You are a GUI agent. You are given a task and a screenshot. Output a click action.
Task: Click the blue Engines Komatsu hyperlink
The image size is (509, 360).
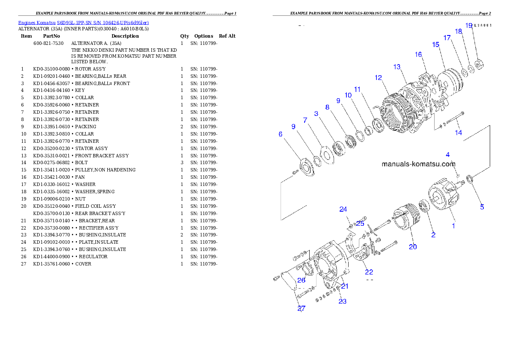[x=83, y=23]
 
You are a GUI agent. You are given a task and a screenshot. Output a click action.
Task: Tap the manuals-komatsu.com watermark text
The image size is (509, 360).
[x=418, y=164]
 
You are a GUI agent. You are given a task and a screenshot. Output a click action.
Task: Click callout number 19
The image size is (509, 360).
[x=469, y=25]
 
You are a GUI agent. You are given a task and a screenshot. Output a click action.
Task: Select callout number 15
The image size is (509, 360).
[x=436, y=44]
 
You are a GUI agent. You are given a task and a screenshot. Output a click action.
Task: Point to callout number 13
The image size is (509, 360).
[x=397, y=67]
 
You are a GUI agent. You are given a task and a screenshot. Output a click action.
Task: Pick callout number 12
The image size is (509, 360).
[x=378, y=78]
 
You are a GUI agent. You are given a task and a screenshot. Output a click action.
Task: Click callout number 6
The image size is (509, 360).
[x=281, y=134]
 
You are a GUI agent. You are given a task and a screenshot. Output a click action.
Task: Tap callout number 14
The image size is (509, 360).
[x=458, y=133]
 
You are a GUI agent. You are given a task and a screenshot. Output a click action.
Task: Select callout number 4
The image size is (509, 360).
[x=448, y=154]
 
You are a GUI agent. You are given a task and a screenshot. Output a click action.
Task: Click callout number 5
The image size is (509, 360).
[x=482, y=207]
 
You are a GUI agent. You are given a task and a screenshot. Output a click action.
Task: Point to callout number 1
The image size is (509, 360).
[x=454, y=226]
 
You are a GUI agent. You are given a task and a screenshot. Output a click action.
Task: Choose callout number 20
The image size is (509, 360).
[x=413, y=247]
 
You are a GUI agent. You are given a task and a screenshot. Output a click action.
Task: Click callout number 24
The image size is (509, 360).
[x=343, y=209]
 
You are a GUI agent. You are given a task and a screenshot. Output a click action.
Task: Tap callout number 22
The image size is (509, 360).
[x=369, y=272]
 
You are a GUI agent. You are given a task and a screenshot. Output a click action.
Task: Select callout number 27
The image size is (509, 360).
[x=302, y=309]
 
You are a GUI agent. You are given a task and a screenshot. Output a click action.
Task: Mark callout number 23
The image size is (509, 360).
[x=343, y=301]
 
